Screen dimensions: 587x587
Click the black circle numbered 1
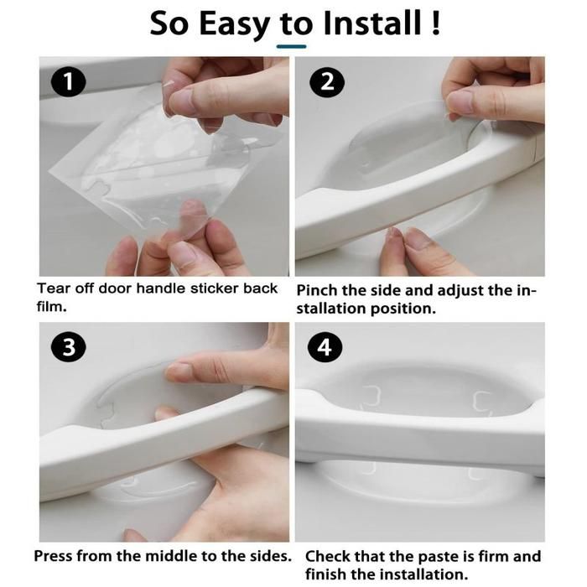pos(69,82)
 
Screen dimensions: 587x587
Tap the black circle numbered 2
pos(327,82)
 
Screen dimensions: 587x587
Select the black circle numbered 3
pos(69,348)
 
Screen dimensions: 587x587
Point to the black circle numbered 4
pos(325,348)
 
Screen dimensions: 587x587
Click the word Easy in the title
pos(234,24)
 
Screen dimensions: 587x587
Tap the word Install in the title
pos(372,23)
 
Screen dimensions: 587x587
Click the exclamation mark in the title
pos(435,23)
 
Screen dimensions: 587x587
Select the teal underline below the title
pos(291,46)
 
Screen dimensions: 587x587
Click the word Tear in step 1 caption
pos(54,288)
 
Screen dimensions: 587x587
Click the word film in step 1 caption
pos(51,307)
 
